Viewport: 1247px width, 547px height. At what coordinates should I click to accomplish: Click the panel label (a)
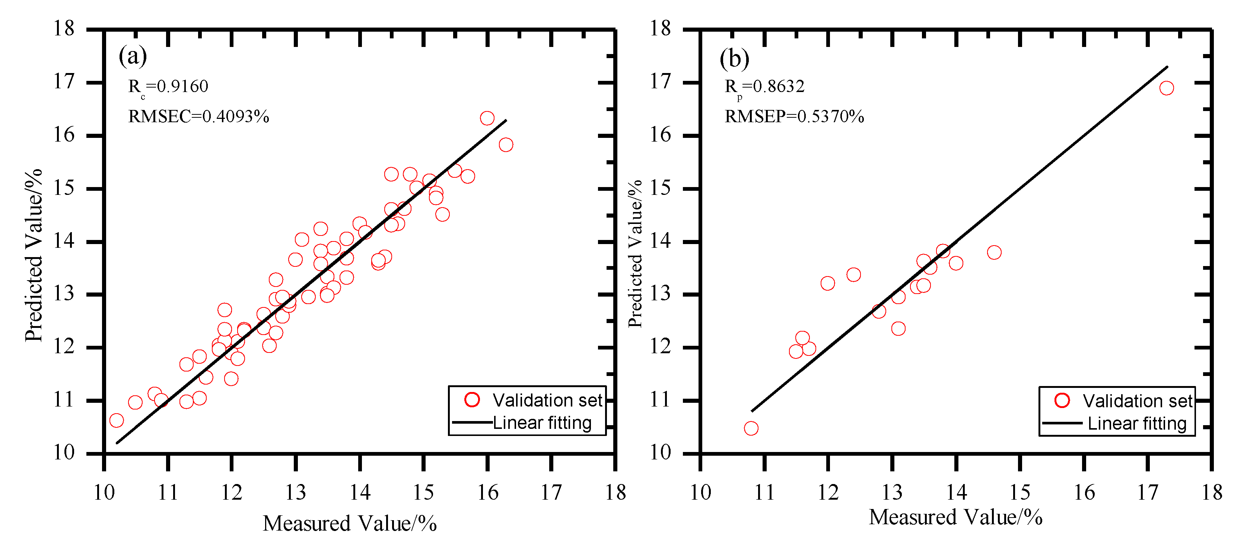pos(133,56)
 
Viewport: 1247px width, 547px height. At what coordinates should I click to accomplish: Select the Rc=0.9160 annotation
pos(168,87)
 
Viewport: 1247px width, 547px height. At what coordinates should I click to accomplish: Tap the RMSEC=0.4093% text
pos(198,117)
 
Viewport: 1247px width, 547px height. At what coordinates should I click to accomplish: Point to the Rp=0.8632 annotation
pos(764,87)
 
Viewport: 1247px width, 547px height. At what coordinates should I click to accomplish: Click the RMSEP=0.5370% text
pos(794,117)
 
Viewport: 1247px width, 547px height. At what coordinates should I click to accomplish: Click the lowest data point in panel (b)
pos(751,428)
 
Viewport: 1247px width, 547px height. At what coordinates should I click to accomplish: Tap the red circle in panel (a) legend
pos(472,400)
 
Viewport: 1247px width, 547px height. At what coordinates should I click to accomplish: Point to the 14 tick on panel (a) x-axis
pos(360,493)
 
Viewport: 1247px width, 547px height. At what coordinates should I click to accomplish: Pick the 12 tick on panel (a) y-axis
pos(64,347)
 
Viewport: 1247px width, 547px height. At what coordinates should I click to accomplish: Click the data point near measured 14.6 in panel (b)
pos(994,252)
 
